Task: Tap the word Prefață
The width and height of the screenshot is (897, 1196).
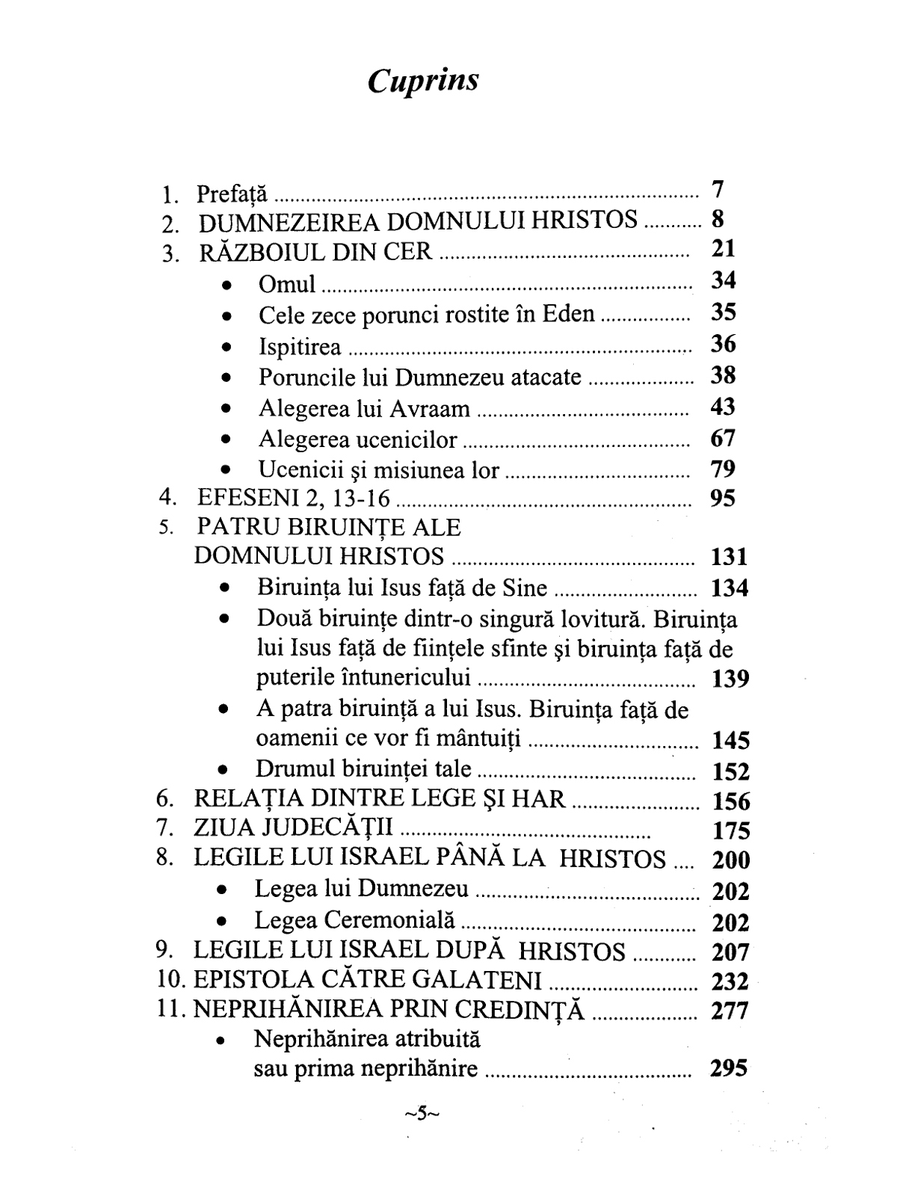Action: (231, 194)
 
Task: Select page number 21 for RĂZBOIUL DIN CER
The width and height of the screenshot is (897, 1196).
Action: (723, 248)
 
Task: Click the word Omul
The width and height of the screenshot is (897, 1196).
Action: (287, 285)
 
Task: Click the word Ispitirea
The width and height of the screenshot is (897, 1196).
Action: (300, 347)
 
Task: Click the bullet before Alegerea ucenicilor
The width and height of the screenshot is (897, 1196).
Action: (226, 441)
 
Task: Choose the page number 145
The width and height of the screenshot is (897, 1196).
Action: (730, 741)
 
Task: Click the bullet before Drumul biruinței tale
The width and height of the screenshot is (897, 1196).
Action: (223, 770)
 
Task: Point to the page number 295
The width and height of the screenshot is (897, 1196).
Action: (730, 1069)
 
